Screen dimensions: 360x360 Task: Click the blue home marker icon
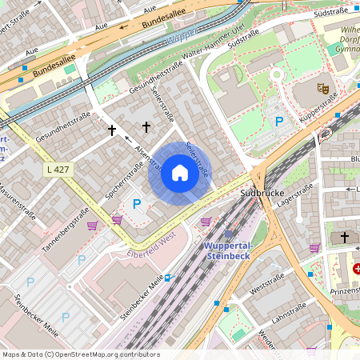(x=180, y=173)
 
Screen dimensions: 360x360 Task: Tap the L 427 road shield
(x=58, y=170)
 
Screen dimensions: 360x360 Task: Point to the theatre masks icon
(x=323, y=87)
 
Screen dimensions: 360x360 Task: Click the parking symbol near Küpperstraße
(x=279, y=122)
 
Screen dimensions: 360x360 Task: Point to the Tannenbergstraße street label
(x=65, y=231)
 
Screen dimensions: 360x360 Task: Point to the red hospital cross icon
(x=356, y=269)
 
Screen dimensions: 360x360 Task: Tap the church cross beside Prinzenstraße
(x=345, y=238)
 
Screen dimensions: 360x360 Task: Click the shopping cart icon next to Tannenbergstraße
(x=92, y=226)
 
